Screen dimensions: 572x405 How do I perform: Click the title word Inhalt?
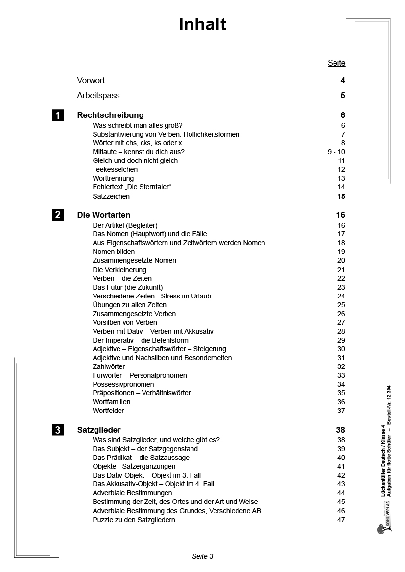pyautogui.click(x=202, y=24)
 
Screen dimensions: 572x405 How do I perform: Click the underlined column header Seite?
pyautogui.click(x=336, y=63)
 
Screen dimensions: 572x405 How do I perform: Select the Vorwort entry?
pyautogui.click(x=91, y=80)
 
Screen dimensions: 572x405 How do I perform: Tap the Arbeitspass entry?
pyautogui.click(x=98, y=95)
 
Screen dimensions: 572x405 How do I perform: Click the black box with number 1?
pyautogui.click(x=58, y=115)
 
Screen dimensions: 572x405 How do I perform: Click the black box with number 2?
pyautogui.click(x=58, y=215)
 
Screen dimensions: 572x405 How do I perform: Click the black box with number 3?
pyautogui.click(x=58, y=430)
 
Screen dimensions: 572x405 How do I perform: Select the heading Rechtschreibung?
pyautogui.click(x=111, y=115)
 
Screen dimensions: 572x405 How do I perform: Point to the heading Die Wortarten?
pyautogui.click(x=104, y=215)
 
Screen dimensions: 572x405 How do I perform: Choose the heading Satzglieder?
pyautogui.click(x=99, y=430)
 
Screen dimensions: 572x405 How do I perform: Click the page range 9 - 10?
pyautogui.click(x=336, y=152)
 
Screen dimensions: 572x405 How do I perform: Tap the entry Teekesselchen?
pyautogui.click(x=115, y=169)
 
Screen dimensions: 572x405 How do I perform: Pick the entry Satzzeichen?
pyautogui.click(x=111, y=196)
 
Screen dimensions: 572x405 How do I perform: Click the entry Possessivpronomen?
pyautogui.click(x=123, y=384)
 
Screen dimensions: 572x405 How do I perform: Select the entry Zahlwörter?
pyautogui.click(x=109, y=366)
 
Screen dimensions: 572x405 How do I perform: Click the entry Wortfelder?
pyautogui.click(x=108, y=411)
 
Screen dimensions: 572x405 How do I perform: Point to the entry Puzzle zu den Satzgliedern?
pyautogui.click(x=134, y=520)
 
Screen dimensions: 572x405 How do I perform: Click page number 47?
pyautogui.click(x=341, y=520)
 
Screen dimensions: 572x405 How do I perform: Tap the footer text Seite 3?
pyautogui.click(x=202, y=556)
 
